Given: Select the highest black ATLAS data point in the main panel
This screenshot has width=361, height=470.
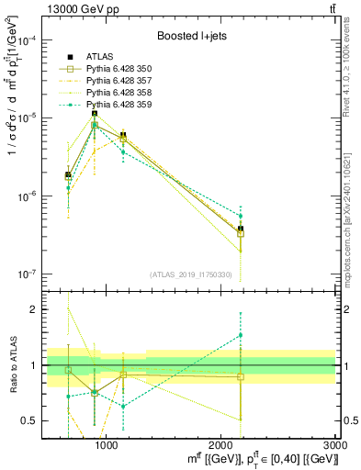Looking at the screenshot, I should (x=95, y=114).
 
